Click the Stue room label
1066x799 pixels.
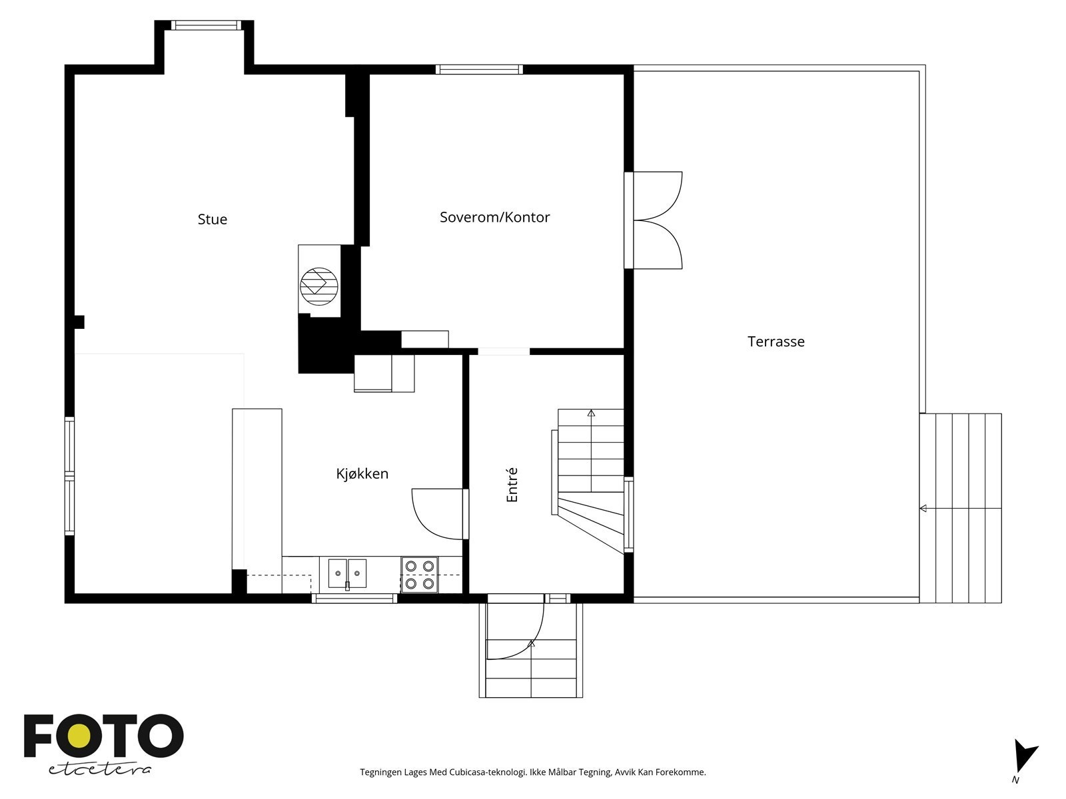[x=212, y=220]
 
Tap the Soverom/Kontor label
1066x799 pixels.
[x=494, y=217]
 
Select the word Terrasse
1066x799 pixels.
[x=776, y=342]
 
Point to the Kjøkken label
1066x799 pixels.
[x=362, y=474]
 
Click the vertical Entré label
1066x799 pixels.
[x=512, y=485]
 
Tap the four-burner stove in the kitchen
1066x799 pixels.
[x=420, y=575]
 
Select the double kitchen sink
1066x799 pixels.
[x=347, y=573]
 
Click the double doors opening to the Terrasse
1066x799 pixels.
[x=656, y=220]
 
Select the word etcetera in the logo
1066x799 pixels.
[x=100, y=769]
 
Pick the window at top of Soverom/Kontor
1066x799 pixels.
[x=479, y=69]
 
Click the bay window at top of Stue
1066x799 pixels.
[x=205, y=25]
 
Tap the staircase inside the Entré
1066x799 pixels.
[x=590, y=479]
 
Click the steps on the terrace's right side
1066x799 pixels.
[x=961, y=508]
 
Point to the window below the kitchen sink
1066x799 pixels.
[x=354, y=599]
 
